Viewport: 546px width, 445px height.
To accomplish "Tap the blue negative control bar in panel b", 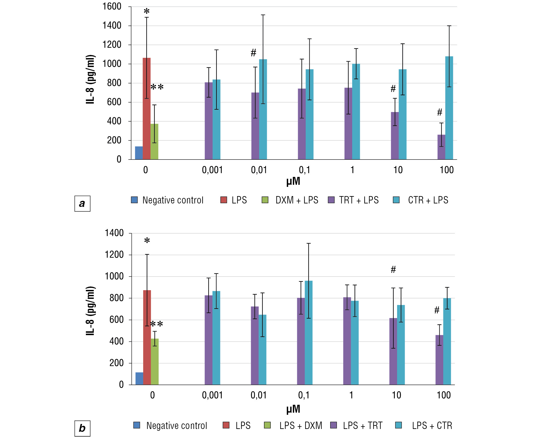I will [139, 378].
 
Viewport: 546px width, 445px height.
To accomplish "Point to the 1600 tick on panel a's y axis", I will [112, 6].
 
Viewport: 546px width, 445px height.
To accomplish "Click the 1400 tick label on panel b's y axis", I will [114, 233].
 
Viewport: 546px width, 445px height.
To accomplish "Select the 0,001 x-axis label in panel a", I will [212, 170].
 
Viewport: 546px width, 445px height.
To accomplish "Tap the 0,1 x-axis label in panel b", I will [304, 395].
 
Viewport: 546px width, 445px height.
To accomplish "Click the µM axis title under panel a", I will [293, 181].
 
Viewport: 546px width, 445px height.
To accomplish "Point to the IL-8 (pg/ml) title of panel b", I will [90, 311].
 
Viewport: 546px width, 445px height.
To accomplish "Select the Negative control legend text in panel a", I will [173, 200].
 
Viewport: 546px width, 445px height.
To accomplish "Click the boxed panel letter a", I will [82, 203].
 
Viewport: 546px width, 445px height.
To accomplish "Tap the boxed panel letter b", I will [82, 428].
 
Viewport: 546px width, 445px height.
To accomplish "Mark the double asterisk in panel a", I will [157, 87].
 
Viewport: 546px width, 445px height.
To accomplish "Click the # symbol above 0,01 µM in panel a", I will [253, 53].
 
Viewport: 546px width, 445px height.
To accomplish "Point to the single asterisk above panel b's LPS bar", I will [147, 240].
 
